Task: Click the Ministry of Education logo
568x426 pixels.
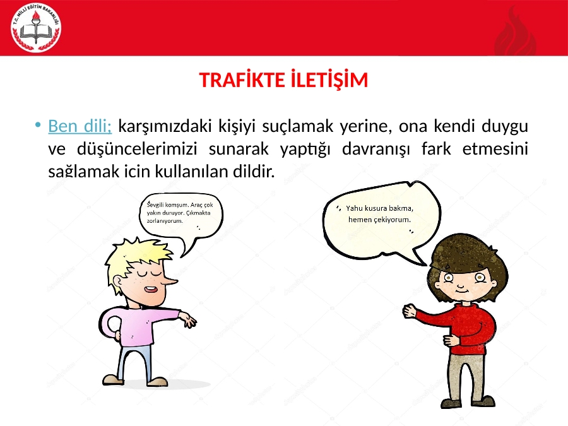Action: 36,28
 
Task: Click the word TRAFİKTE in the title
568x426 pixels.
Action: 243,80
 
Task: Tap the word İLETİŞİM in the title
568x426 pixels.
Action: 329,80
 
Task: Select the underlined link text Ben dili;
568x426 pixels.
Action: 80,126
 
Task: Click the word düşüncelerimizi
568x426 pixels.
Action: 138,149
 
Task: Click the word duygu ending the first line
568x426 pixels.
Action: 505,127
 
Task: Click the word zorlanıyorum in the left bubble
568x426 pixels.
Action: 165,221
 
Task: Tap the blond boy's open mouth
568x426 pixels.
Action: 151,290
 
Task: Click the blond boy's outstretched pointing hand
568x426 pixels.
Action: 188,321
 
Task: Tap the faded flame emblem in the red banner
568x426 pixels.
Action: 516,32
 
